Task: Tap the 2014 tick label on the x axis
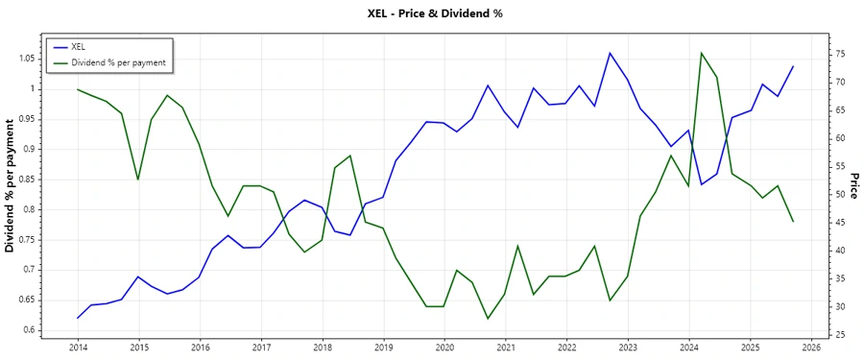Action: [78, 347]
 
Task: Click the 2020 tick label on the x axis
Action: [444, 347]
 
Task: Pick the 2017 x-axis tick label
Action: [261, 347]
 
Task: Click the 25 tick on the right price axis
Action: [839, 334]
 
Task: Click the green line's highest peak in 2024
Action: [702, 53]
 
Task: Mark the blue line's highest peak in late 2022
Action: [611, 53]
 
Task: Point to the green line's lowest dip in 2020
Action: [488, 319]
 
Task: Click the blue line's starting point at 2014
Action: [78, 318]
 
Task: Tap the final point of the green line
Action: [793, 222]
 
